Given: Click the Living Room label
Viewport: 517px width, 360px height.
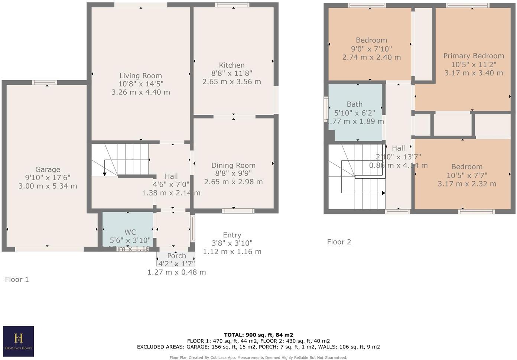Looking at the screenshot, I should (140, 76).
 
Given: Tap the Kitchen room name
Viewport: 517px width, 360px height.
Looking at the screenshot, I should (231, 65).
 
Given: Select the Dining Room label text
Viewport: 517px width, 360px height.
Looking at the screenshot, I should (233, 165).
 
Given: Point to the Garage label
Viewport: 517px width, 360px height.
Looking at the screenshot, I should (48, 170).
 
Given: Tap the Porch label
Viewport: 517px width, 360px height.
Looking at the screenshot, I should (176, 256).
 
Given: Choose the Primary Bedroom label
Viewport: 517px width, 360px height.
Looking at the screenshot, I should (474, 56).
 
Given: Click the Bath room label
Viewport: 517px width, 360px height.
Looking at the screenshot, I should (354, 104).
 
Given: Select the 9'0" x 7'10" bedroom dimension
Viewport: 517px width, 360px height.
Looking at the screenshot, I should (371, 49).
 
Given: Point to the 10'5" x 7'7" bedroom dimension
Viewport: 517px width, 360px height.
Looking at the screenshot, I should (467, 175).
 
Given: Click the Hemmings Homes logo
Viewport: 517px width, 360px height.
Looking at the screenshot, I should (19, 340).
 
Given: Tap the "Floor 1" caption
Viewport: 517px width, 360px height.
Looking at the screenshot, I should (17, 279).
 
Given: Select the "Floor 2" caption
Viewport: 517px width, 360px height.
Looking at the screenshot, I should (339, 242).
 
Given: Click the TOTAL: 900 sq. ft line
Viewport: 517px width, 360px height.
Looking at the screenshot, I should (258, 335).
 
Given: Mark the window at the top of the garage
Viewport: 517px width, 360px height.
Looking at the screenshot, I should (44, 82).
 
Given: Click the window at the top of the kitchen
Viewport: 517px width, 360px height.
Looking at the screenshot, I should (233, 5).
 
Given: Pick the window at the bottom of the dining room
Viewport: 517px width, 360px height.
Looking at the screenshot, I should (238, 211).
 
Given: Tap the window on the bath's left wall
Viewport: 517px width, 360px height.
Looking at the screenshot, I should (326, 109).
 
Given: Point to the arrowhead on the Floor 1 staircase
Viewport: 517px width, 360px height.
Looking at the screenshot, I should (105, 173).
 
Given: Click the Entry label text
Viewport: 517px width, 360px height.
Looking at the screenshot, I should (232, 235).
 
